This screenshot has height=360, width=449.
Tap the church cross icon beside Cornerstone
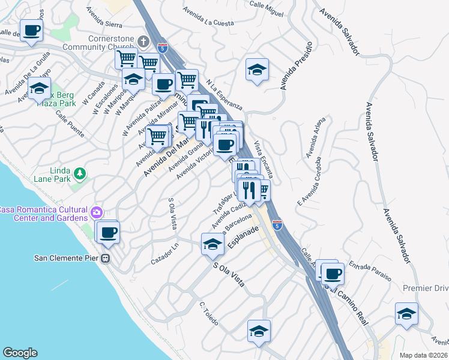pos(142,41)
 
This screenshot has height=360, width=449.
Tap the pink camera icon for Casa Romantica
pos(95,212)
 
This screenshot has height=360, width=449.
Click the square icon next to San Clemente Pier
pos(106,259)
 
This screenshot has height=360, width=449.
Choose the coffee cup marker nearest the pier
pos(107,232)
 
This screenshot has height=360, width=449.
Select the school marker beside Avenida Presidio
pos(257,70)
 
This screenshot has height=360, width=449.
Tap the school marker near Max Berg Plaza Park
pos(38,89)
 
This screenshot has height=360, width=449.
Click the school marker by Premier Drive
pos(406,314)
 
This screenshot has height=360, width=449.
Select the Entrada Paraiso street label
pos(370,271)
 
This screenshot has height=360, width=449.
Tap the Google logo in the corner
pos(20,353)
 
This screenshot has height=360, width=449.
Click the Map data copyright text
pos(423,355)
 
